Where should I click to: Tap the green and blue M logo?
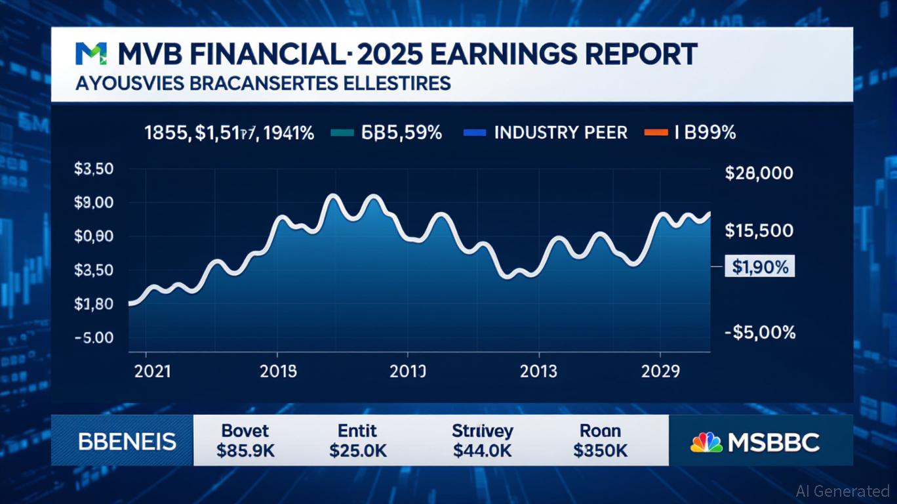pos(89,54)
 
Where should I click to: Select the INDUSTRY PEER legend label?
pos(561,133)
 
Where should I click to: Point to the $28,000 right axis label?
pos(759,174)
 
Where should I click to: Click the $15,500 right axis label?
pos(759,231)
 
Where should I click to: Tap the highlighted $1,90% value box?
pos(759,267)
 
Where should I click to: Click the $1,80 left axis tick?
pos(94,304)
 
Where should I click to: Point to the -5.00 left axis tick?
pos(94,338)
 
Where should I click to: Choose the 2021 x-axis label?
pos(152,371)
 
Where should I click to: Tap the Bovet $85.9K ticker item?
pos(245,440)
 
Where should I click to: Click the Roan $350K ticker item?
pos(600,440)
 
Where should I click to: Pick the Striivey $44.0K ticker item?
pos(482,440)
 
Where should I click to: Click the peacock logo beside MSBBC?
pos(706,442)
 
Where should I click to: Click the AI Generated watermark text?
pos(842,491)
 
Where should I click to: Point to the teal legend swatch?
pos(344,133)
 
